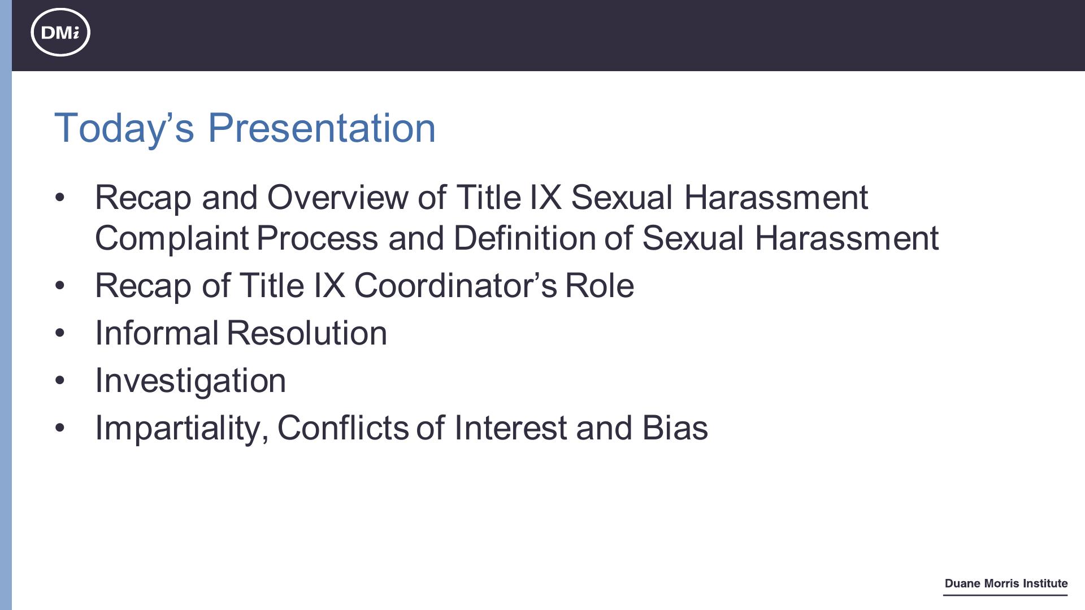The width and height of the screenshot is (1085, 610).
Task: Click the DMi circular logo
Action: [x=60, y=32]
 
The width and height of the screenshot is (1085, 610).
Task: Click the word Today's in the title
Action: [x=124, y=128]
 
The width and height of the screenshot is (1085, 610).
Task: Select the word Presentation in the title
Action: [x=322, y=128]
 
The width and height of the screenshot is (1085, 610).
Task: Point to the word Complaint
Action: [x=172, y=238]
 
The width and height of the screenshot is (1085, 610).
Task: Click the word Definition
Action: [x=524, y=238]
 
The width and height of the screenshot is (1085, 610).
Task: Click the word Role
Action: [x=600, y=285]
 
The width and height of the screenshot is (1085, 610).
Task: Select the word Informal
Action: [x=157, y=333]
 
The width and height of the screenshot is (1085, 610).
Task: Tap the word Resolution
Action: [x=307, y=333]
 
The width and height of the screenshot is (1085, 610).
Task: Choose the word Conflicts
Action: [x=343, y=428]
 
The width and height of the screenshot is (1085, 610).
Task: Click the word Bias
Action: [x=675, y=428]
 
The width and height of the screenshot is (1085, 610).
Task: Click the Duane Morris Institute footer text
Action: [x=1006, y=583]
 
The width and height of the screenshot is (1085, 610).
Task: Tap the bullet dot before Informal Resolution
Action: [x=60, y=333]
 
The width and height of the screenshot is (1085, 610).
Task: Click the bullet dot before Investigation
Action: [x=60, y=381]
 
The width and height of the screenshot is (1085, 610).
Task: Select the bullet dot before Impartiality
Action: [x=60, y=428]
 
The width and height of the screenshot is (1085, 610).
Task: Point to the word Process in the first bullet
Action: [x=317, y=238]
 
